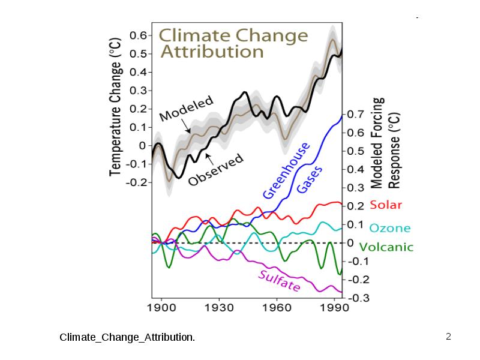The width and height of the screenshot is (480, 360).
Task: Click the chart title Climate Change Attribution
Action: click(x=233, y=43)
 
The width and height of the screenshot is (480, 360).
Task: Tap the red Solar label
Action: click(x=386, y=205)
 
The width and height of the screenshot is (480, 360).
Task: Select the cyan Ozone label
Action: click(x=389, y=228)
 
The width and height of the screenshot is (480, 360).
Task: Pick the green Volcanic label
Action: click(x=386, y=247)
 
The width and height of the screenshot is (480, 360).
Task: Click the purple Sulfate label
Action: click(x=279, y=281)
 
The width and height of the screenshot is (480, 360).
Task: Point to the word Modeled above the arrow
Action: click(x=186, y=109)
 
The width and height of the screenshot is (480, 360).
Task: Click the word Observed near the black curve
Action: click(x=216, y=169)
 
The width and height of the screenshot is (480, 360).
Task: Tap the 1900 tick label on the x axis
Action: click(x=161, y=307)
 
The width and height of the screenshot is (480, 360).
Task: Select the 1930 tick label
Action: click(x=219, y=307)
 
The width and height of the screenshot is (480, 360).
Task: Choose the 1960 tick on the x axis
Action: click(x=277, y=307)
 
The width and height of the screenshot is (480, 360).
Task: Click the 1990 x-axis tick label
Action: click(x=334, y=307)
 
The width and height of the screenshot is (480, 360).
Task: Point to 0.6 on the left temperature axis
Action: click(x=139, y=35)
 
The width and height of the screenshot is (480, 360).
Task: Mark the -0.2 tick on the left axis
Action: click(x=137, y=182)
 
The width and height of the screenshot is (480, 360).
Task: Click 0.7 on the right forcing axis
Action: click(x=355, y=114)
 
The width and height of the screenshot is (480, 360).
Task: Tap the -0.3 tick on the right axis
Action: click(x=358, y=298)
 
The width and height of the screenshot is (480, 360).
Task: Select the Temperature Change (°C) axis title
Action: click(x=115, y=107)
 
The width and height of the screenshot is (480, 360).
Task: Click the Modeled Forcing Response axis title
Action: click(x=385, y=143)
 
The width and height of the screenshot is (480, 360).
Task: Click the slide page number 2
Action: click(x=448, y=337)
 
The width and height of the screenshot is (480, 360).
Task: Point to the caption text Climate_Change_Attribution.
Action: click(x=127, y=337)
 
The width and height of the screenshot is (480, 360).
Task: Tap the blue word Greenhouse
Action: click(x=286, y=170)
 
